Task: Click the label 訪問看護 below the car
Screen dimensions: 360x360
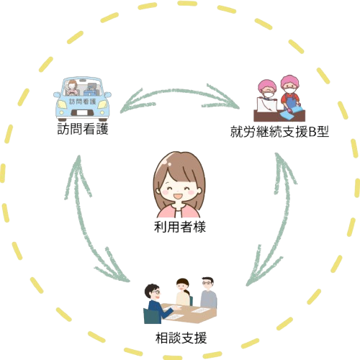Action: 83,129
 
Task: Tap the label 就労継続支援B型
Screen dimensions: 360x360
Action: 279,132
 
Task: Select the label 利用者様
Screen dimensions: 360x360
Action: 180,227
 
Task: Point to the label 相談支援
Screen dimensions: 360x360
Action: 181,338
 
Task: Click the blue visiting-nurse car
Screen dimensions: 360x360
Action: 82,99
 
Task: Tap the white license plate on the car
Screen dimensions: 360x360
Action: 83,112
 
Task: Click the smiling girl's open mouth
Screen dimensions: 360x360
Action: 178,197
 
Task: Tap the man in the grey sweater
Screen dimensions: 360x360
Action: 208,292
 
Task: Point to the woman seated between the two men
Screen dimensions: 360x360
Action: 184,292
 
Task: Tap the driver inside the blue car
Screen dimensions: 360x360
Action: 72,88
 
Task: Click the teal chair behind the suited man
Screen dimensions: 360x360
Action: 152,316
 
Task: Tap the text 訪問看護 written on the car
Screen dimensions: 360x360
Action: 82,102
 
